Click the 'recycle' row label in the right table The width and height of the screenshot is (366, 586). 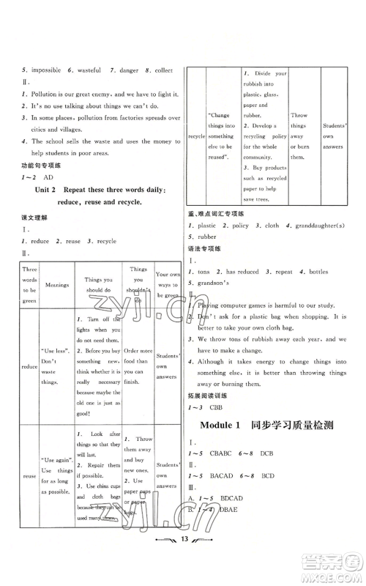(x=196, y=136)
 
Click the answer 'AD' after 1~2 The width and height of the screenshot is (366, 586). (x=49, y=177)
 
